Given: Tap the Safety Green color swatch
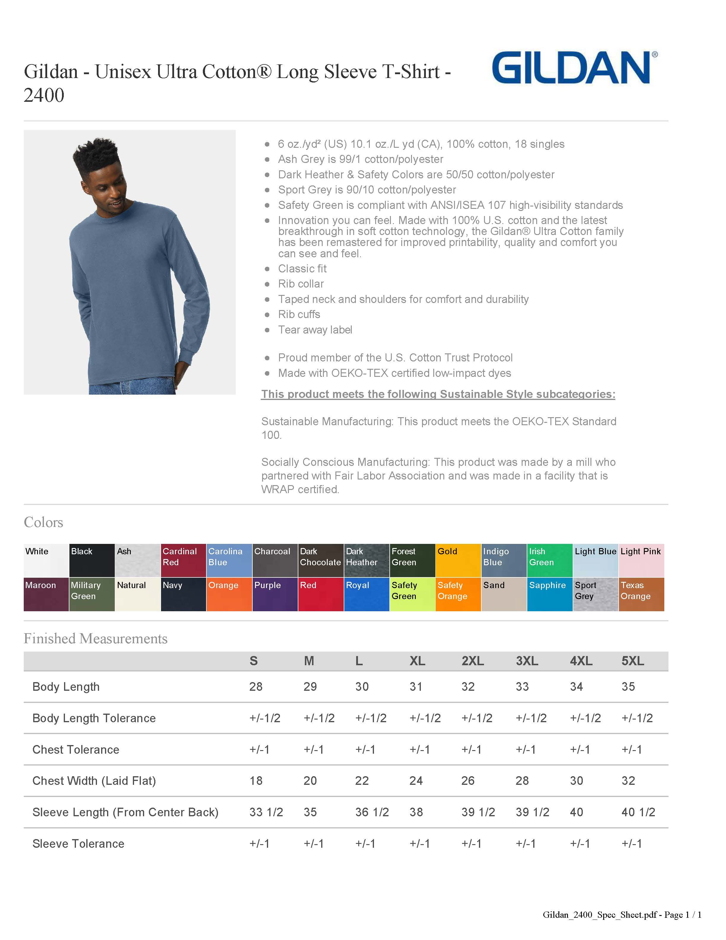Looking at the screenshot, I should click(x=412, y=594).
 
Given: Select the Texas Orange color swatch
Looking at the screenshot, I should click(x=641, y=594).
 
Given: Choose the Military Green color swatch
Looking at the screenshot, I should click(x=92, y=594).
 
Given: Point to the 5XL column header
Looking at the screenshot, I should click(x=632, y=661).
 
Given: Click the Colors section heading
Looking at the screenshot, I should click(x=43, y=522).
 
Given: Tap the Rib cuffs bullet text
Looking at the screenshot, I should click(x=299, y=314).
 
